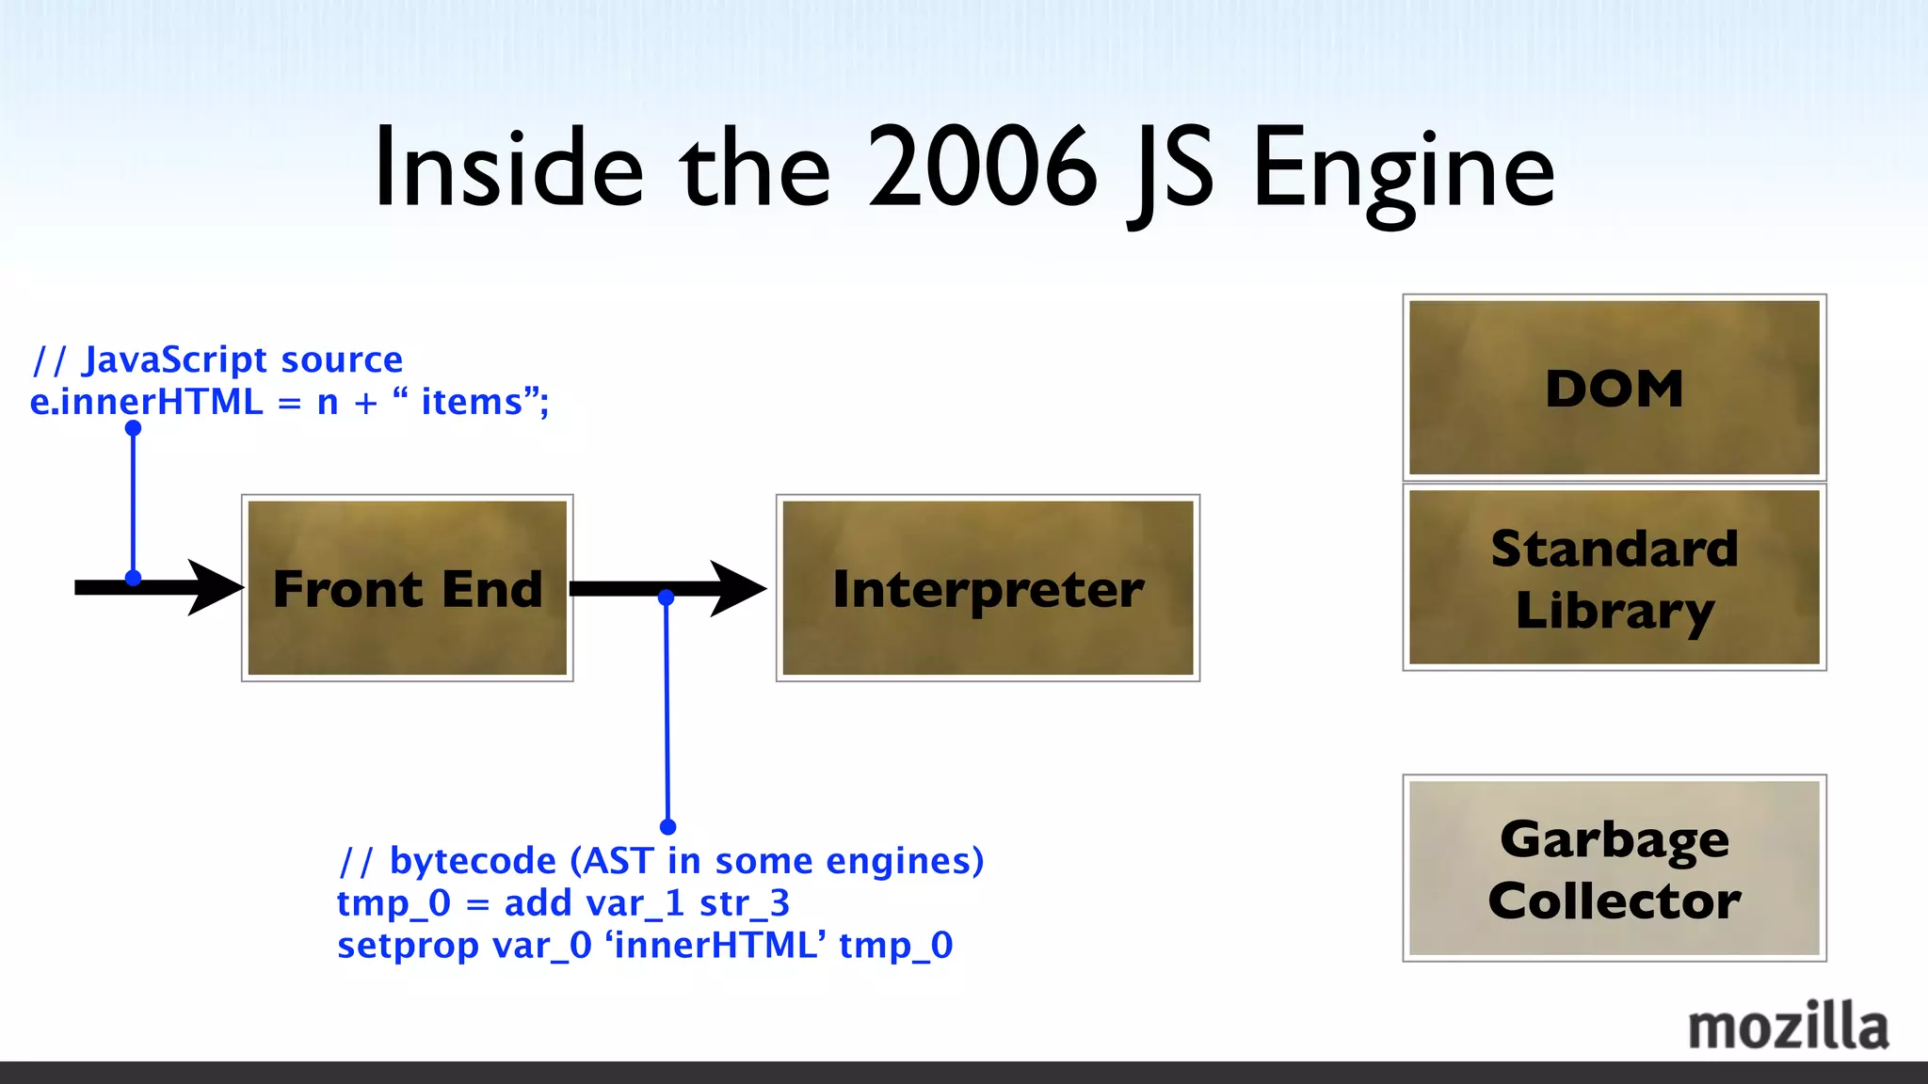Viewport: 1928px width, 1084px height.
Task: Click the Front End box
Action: pos(407,588)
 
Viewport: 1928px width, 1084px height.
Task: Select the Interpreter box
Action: pos(988,588)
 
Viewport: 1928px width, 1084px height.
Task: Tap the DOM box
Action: pos(1614,388)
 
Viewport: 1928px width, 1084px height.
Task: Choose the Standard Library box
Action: pos(1614,578)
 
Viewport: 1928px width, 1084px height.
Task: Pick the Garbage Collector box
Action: pos(1614,868)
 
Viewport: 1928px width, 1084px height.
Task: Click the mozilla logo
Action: pos(1788,1027)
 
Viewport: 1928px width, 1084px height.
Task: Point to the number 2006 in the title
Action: pos(982,169)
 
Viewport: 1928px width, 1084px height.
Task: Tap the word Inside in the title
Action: pos(508,169)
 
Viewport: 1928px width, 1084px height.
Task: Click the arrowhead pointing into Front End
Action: pos(215,588)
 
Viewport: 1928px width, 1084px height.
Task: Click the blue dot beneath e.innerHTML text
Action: pos(133,428)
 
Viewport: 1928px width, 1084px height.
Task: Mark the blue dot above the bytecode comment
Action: pos(668,827)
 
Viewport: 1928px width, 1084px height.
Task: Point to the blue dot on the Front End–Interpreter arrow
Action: pos(667,598)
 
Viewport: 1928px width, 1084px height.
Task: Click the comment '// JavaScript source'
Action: pos(217,359)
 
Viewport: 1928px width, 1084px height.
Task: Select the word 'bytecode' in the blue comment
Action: pos(473,861)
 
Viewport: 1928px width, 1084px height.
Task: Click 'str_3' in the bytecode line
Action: pos(744,903)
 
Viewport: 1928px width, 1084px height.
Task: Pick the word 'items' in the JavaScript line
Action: pos(471,402)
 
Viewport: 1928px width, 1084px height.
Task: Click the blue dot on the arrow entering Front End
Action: pos(133,578)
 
